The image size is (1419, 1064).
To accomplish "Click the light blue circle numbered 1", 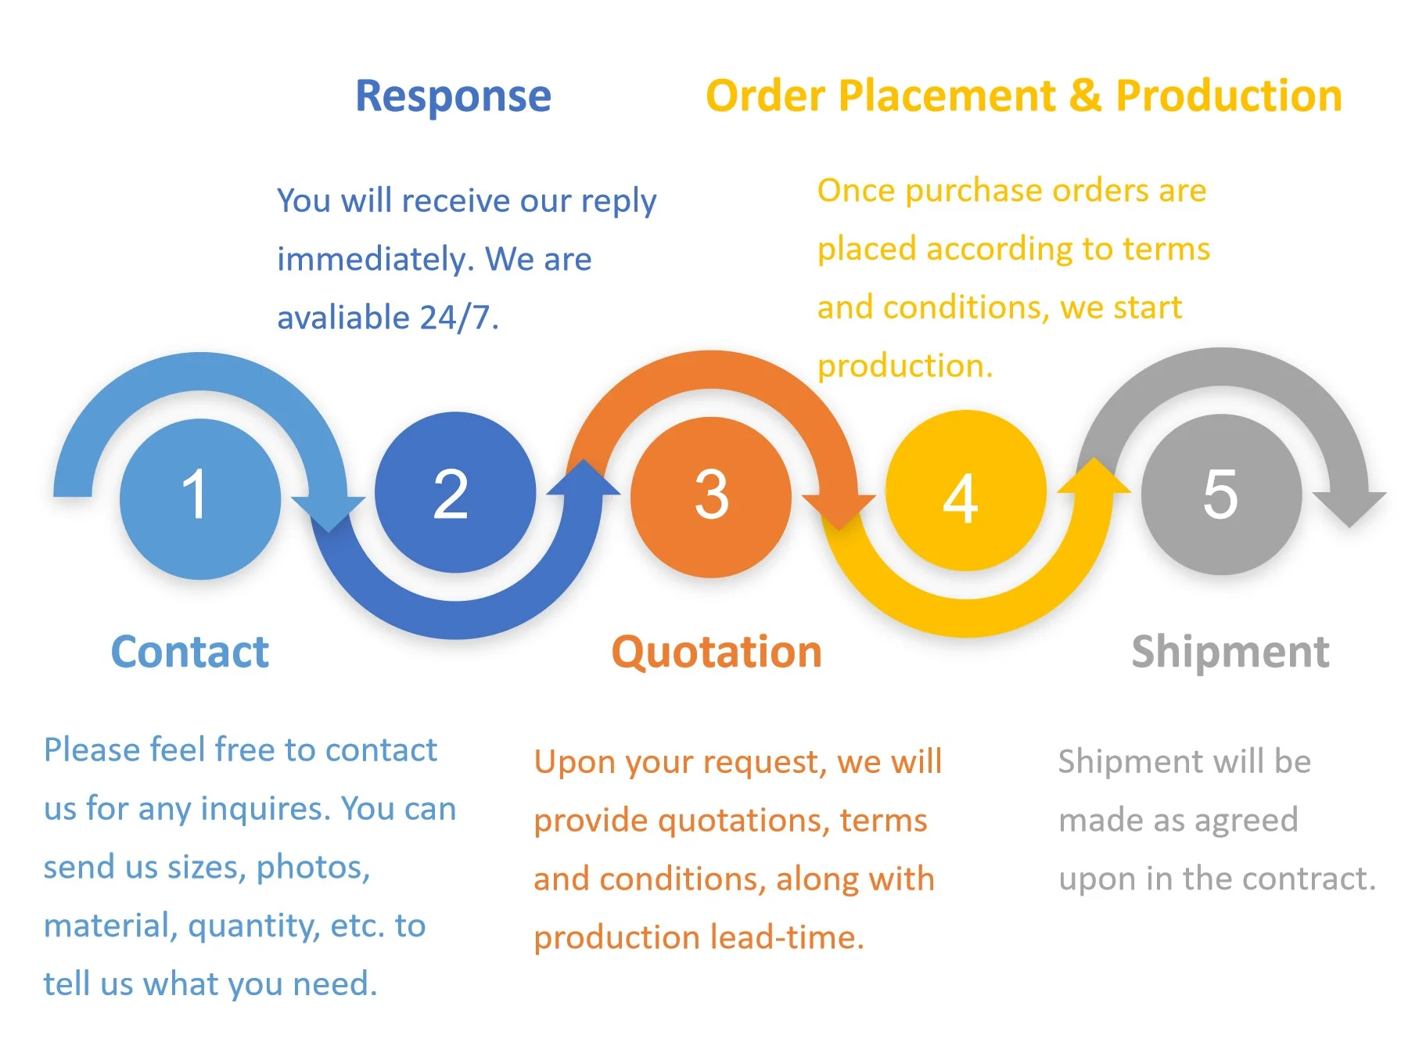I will [x=200, y=499].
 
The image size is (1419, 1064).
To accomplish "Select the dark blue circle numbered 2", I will [x=454, y=493].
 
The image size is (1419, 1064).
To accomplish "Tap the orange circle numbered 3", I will [x=710, y=498].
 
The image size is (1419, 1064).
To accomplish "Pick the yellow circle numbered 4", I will [x=965, y=491].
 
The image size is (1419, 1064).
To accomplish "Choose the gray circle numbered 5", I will [x=1221, y=494].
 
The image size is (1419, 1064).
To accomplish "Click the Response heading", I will [x=453, y=96].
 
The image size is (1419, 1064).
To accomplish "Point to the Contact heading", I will [x=190, y=652].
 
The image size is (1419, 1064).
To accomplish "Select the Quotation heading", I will [x=717, y=652].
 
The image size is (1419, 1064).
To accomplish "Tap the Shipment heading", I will [x=1230, y=652].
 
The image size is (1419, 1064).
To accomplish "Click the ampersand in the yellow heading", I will [x=1085, y=96].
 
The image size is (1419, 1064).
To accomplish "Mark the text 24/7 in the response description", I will [x=458, y=318].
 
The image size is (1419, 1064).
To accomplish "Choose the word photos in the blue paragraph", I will [x=313, y=867].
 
